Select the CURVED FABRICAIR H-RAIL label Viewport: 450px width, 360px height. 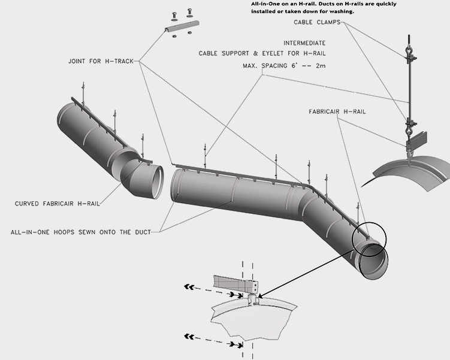pyautogui.click(x=57, y=203)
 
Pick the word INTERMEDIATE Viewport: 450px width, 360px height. pyautogui.click(x=304, y=43)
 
